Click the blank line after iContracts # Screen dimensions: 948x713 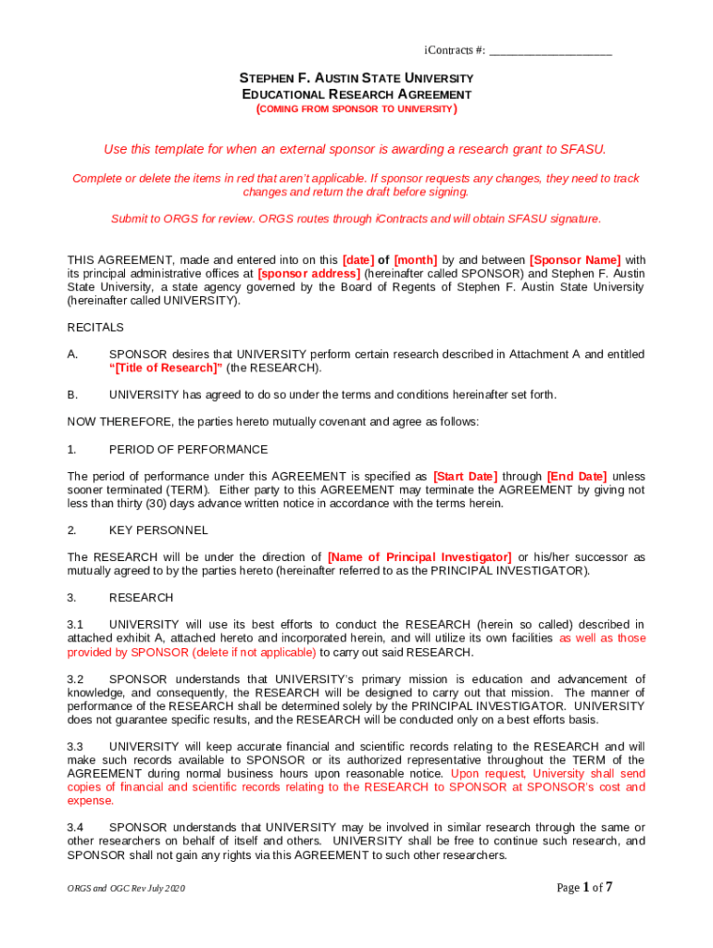point(550,50)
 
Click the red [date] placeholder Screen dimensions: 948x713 point(358,260)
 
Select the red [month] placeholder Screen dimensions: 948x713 point(416,260)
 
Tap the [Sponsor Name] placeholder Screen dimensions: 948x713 point(575,260)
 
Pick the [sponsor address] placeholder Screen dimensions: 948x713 point(308,274)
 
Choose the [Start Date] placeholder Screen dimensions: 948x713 point(465,477)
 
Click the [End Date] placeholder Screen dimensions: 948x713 point(577,477)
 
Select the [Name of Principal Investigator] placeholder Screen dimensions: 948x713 point(419,557)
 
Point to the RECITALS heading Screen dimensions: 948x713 point(95,328)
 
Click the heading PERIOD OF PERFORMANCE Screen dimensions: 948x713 point(189,450)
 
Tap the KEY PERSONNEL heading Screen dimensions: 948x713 point(158,530)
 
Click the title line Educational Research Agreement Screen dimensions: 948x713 point(356,94)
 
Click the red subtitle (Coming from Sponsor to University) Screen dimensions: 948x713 point(356,109)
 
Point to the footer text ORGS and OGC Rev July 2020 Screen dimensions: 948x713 point(126,889)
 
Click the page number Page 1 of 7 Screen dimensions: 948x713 point(584,888)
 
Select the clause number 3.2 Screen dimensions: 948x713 point(76,680)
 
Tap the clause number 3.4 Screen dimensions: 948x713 point(76,828)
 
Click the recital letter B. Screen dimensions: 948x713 point(72,395)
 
